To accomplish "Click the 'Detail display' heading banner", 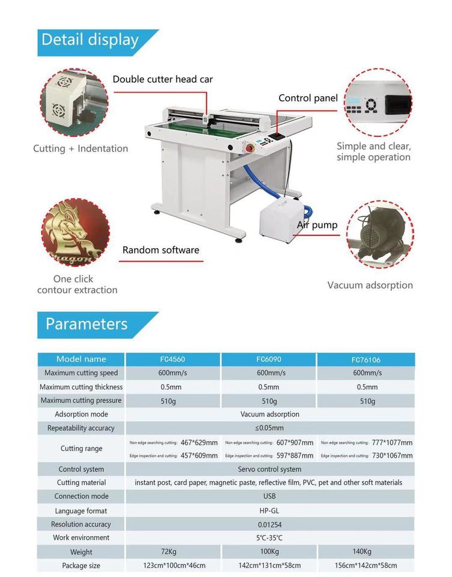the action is (90, 41).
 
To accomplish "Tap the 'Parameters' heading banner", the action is (87, 324).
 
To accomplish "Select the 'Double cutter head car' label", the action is (162, 79).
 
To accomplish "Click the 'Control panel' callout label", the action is (308, 98).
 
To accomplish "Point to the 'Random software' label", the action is (160, 250).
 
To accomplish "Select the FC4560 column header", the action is (172, 359).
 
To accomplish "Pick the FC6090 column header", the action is (269, 359).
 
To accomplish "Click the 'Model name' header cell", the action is (81, 359).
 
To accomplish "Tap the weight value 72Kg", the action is (172, 552).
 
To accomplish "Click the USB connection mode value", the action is (269, 496).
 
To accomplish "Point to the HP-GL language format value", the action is (269, 511).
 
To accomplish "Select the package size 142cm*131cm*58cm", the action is (269, 566).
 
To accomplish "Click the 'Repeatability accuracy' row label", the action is (81, 429).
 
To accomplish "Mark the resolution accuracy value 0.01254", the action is (269, 525).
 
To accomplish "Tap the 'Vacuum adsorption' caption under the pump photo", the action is (370, 285).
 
